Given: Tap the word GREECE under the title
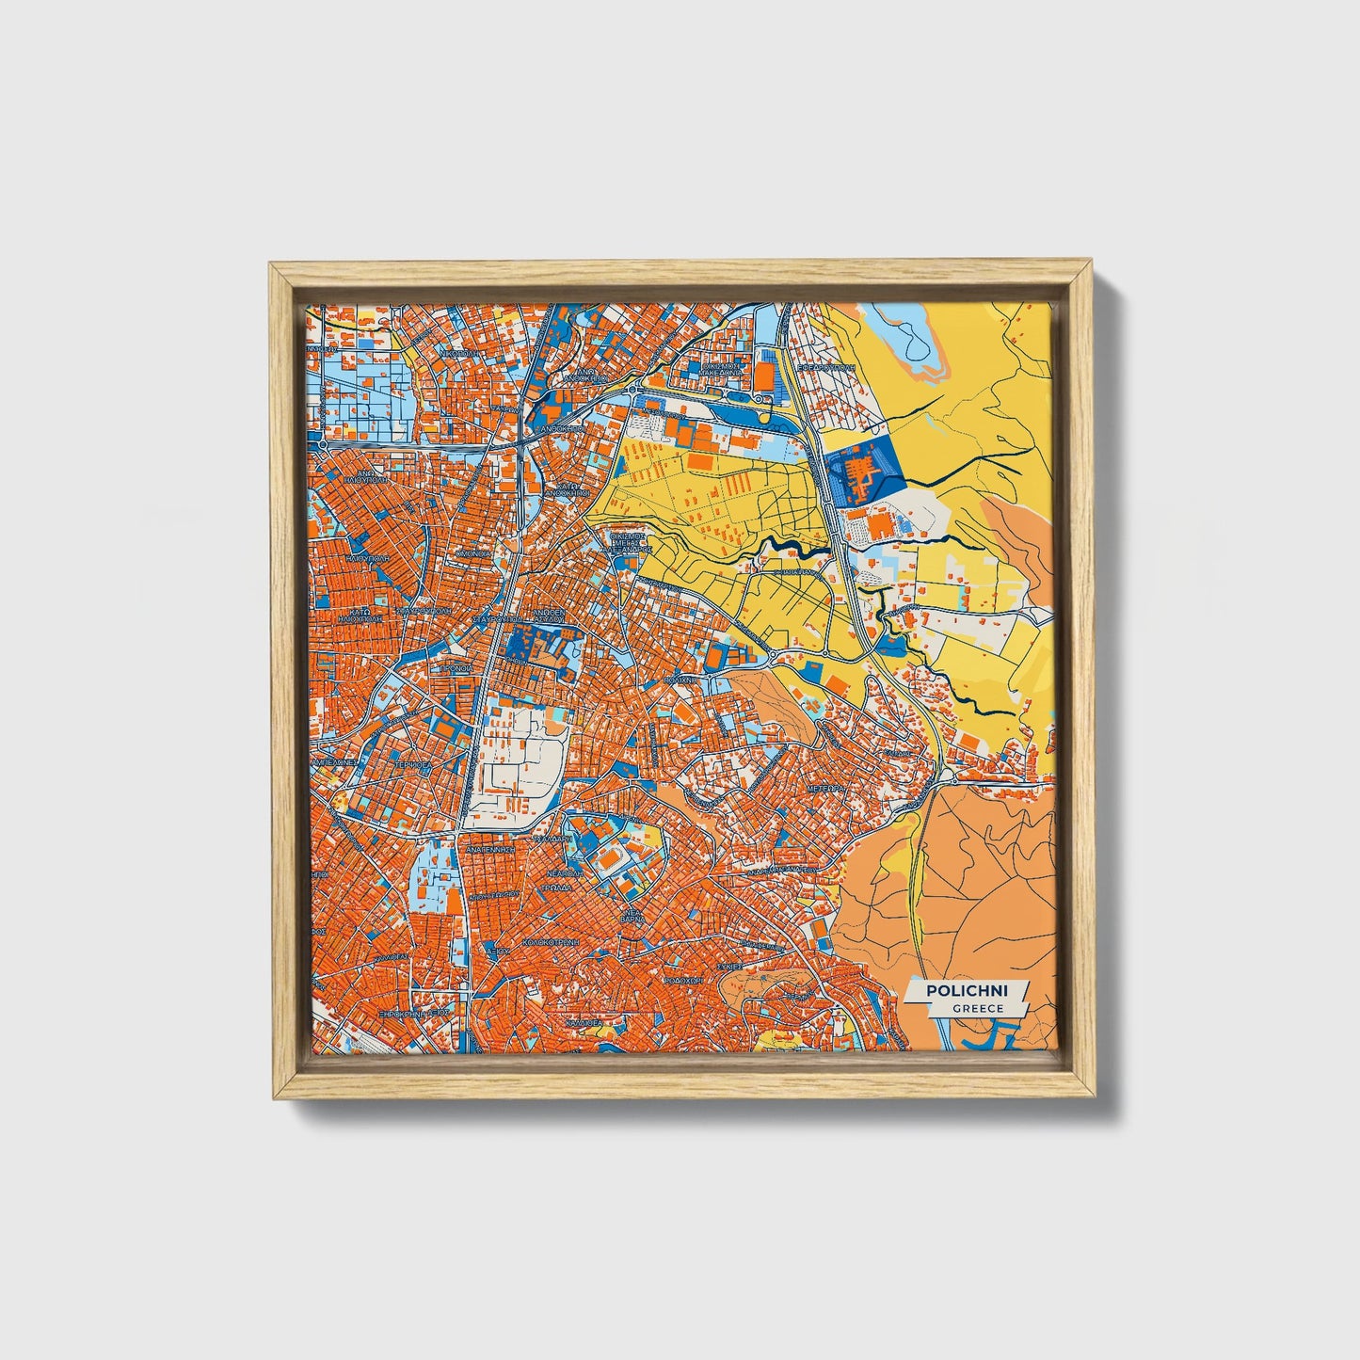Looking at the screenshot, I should (x=976, y=1008).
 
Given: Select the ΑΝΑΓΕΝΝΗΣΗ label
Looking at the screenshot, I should (x=488, y=848).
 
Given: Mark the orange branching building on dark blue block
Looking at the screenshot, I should (x=857, y=471).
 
